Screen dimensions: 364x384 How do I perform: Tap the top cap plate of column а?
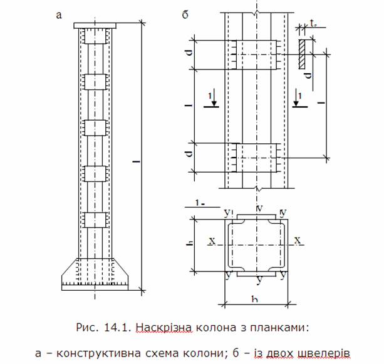pyautogui.click(x=95, y=26)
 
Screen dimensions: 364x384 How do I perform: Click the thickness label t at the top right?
pyautogui.click(x=314, y=24)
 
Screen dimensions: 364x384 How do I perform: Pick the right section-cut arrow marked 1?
pyautogui.click(x=299, y=98)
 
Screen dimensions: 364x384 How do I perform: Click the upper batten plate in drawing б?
pyautogui.click(x=256, y=54)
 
